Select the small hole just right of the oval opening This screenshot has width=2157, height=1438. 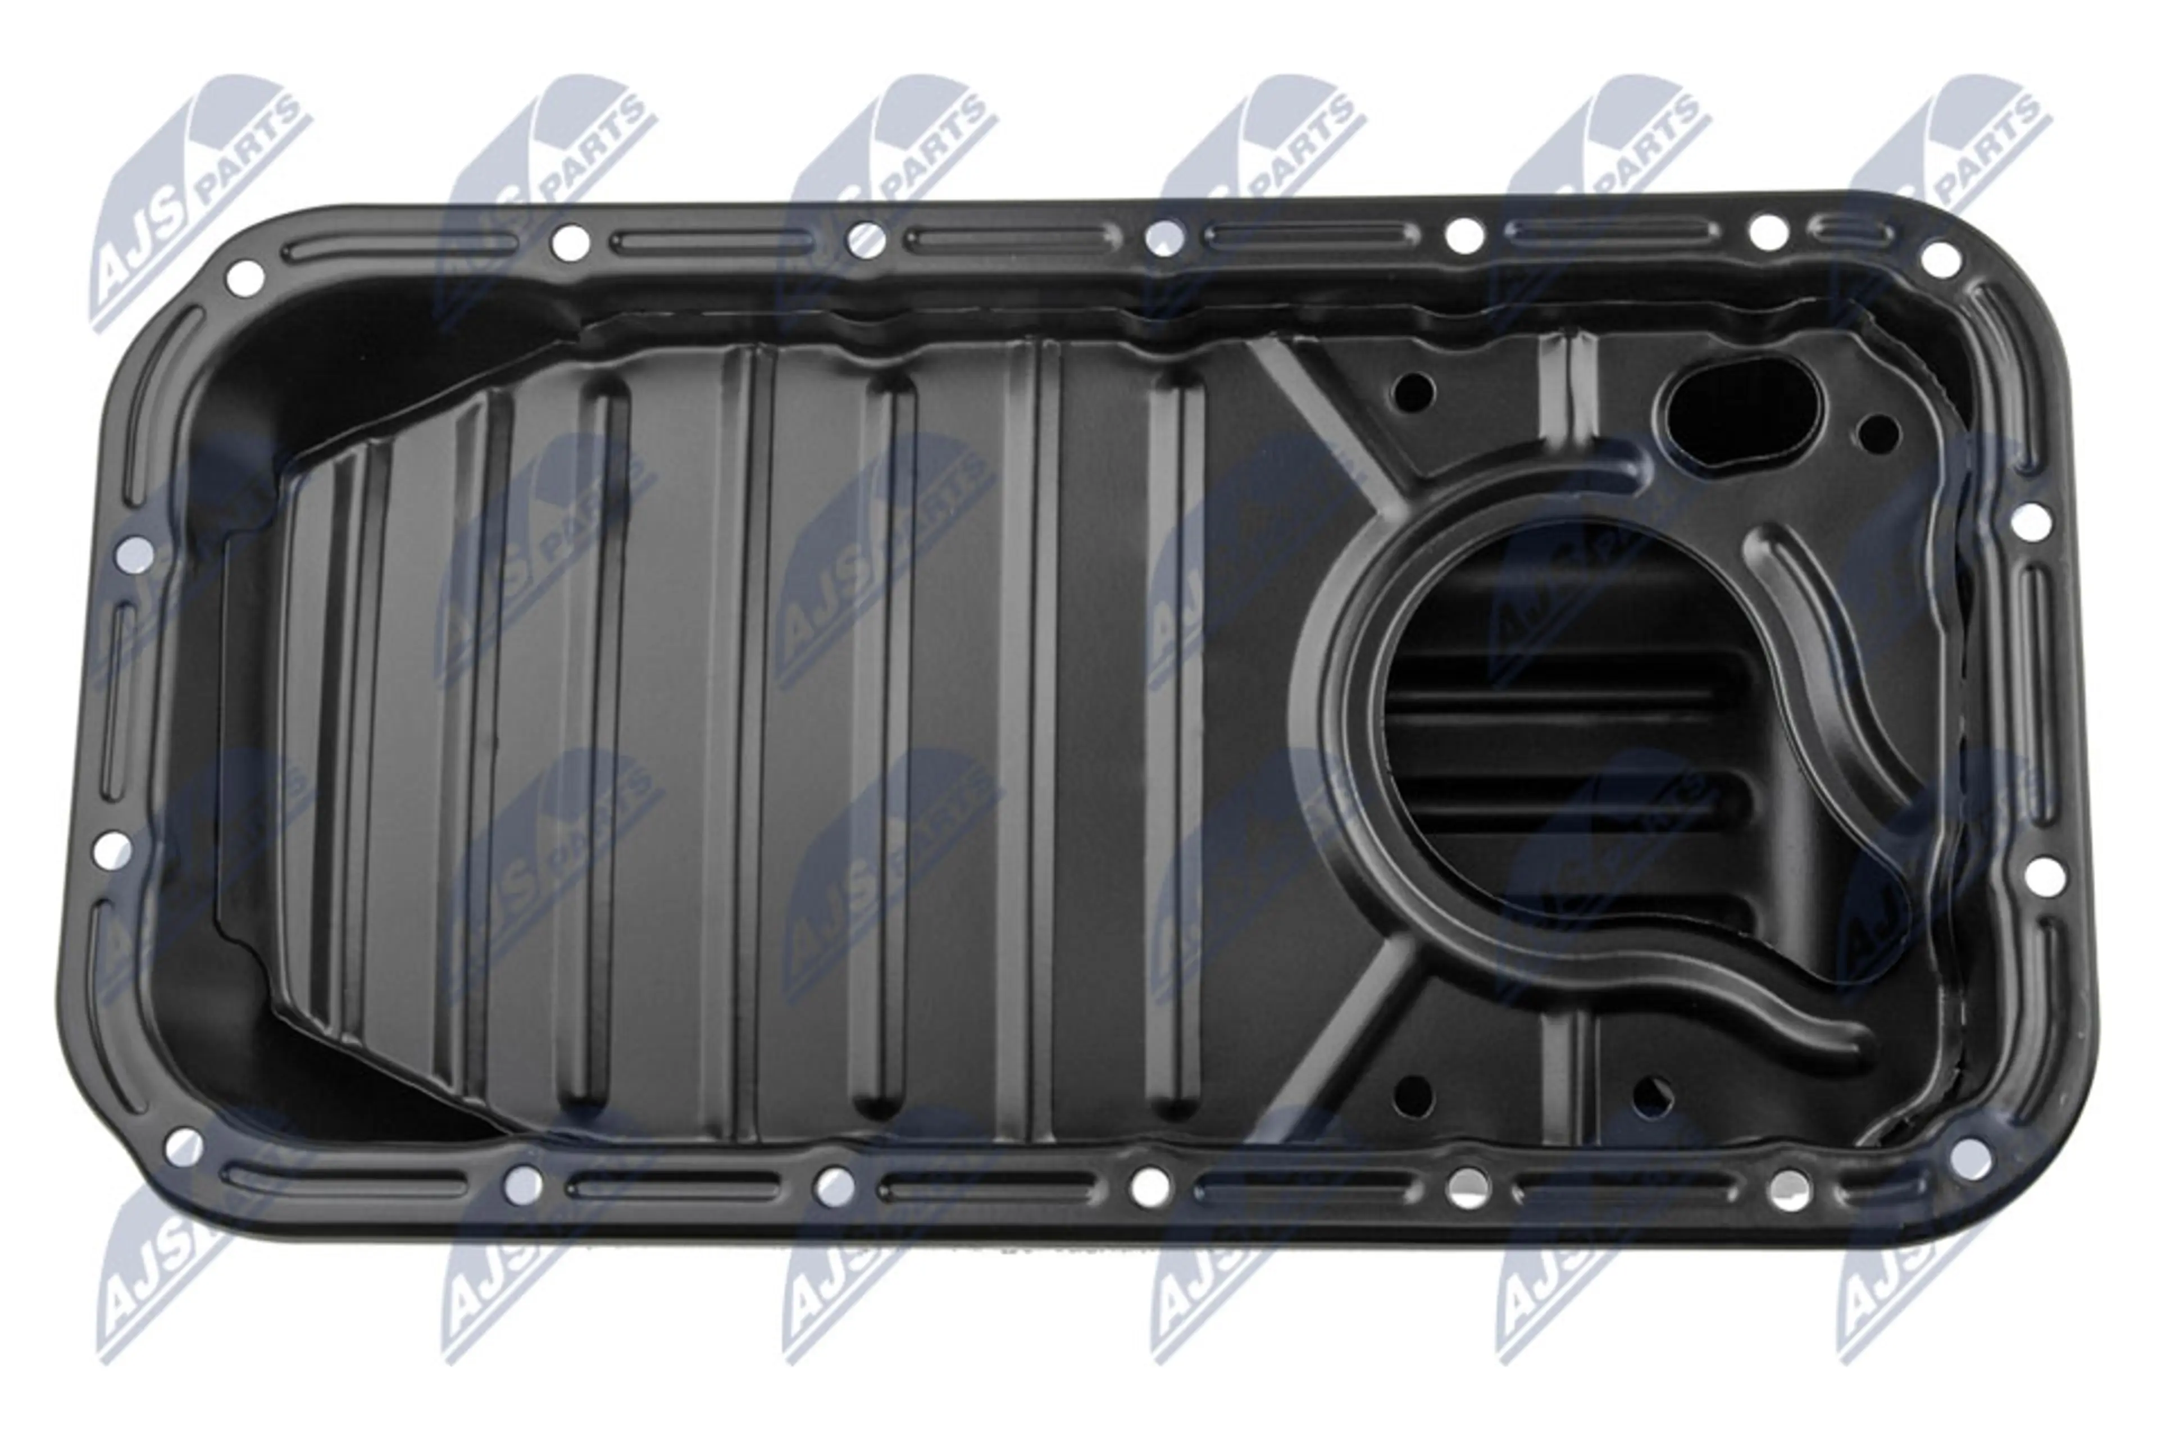pos(1878,431)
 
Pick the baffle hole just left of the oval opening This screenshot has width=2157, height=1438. pos(1413,392)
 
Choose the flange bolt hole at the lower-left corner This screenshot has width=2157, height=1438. pos(184,1145)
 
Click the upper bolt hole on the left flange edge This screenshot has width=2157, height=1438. pos(136,553)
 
